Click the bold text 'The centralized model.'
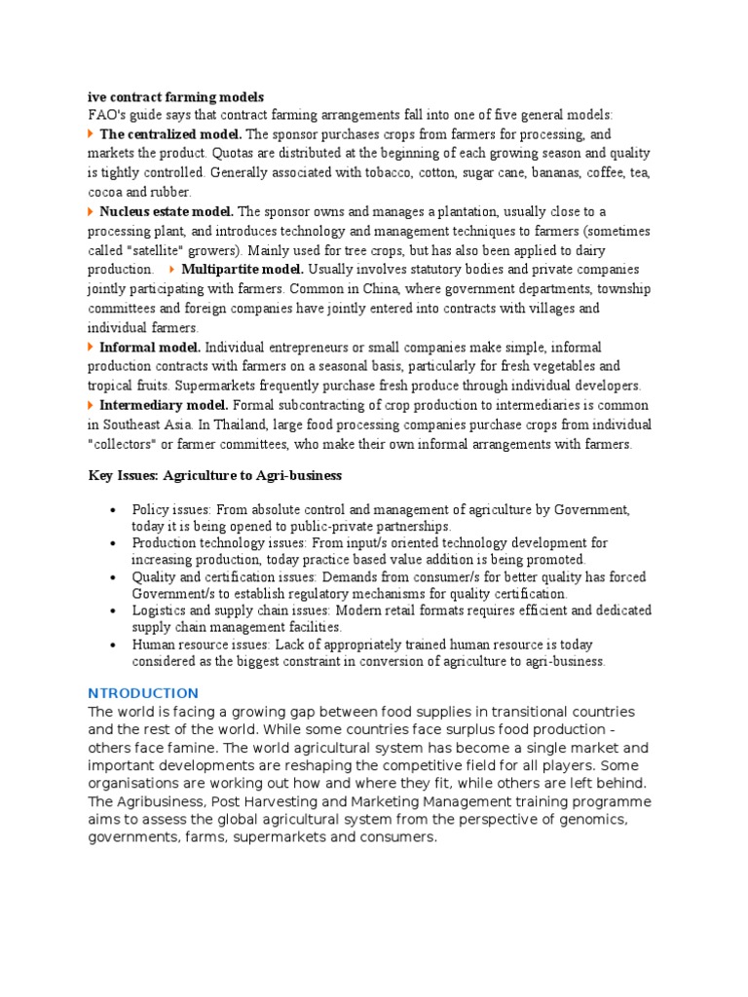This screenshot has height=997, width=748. tap(170, 134)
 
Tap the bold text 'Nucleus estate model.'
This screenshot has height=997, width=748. tap(166, 211)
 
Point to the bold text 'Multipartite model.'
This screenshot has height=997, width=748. tap(243, 270)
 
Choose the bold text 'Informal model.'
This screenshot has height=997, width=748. tap(150, 348)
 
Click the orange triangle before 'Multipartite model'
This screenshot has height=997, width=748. tap(172, 270)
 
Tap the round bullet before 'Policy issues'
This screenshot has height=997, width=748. tap(114, 510)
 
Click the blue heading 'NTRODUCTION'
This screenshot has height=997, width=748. tap(143, 693)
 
